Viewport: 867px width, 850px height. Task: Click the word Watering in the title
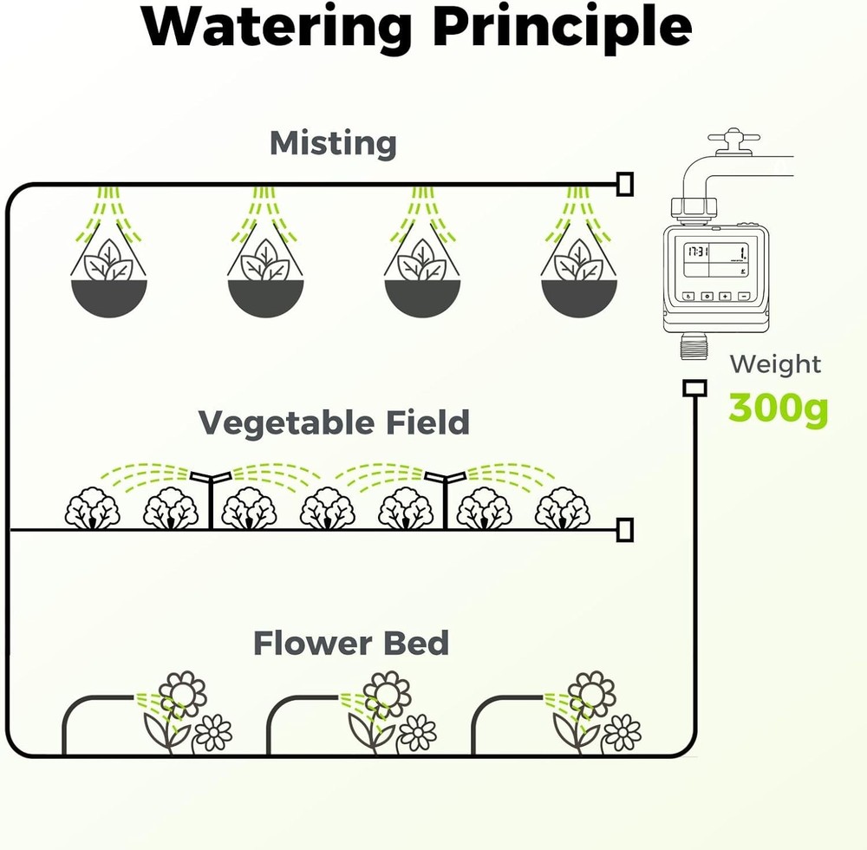coord(277,28)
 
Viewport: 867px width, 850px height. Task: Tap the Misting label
coord(333,144)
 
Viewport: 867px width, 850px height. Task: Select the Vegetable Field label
coord(334,423)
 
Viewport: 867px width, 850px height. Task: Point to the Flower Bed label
coord(351,644)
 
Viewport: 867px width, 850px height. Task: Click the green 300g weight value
coord(779,409)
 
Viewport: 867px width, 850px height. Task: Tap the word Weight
coord(775,365)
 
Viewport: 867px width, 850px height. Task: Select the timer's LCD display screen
coord(716,260)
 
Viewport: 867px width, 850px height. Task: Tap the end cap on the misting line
coord(625,184)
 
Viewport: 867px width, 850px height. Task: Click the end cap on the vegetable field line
coord(625,530)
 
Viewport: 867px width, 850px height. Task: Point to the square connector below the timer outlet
coord(694,388)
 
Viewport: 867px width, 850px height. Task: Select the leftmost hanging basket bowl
coord(109,297)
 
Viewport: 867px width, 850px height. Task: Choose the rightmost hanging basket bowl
coord(579,297)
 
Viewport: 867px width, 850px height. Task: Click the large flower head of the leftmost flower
coord(182,694)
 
